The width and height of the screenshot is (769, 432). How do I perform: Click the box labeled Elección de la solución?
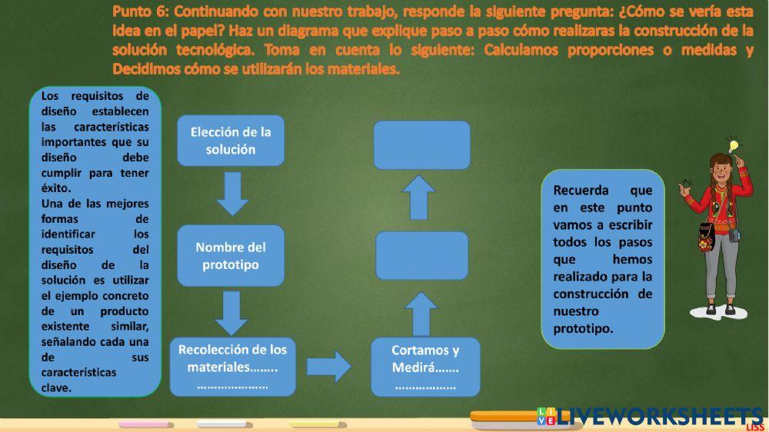point(231,141)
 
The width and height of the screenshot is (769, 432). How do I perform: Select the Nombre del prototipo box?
point(231,256)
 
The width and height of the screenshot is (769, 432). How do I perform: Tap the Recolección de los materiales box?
point(232,367)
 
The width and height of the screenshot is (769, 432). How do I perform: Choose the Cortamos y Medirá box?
point(425,367)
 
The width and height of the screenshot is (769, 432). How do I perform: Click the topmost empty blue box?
point(421,145)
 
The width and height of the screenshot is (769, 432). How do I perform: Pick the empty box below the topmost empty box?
point(421,255)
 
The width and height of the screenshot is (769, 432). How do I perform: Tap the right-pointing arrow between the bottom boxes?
point(329,367)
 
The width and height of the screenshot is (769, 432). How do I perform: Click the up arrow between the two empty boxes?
point(420,198)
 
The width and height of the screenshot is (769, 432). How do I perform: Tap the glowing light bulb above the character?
point(734,145)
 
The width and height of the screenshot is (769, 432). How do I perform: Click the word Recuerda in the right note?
point(581,190)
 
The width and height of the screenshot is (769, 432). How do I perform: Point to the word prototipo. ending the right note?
point(583,328)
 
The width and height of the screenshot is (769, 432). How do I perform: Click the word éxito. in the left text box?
point(56,188)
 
